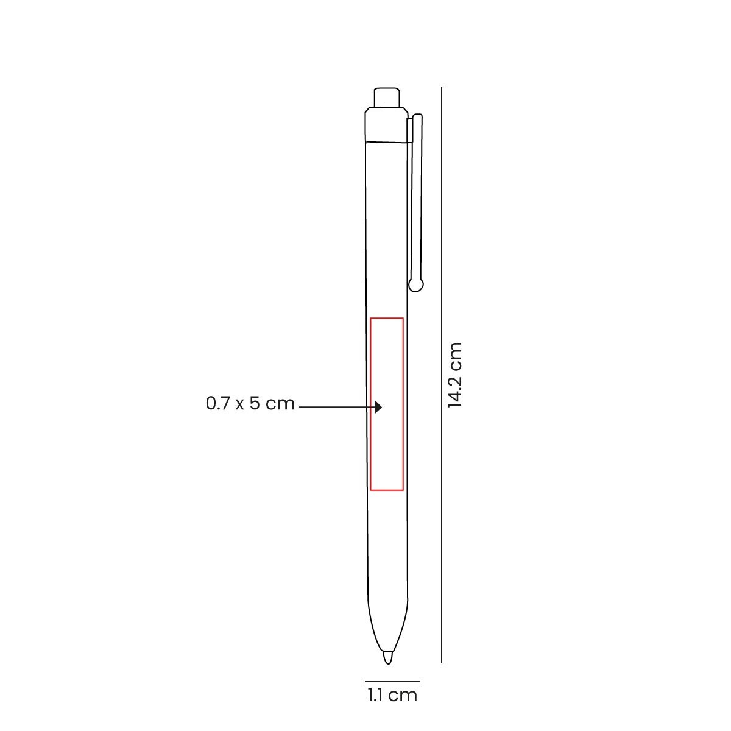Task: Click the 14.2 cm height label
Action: pos(455,375)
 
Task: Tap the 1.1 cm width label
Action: pos(392,695)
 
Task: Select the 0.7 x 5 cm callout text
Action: pos(250,403)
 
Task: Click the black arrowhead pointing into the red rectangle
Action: pos(378,407)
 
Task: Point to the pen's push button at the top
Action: pos(387,97)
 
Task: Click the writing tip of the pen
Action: pos(387,658)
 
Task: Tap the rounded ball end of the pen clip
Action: pos(416,284)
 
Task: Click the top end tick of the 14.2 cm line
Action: pos(442,87)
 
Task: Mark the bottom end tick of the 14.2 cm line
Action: pos(442,663)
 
